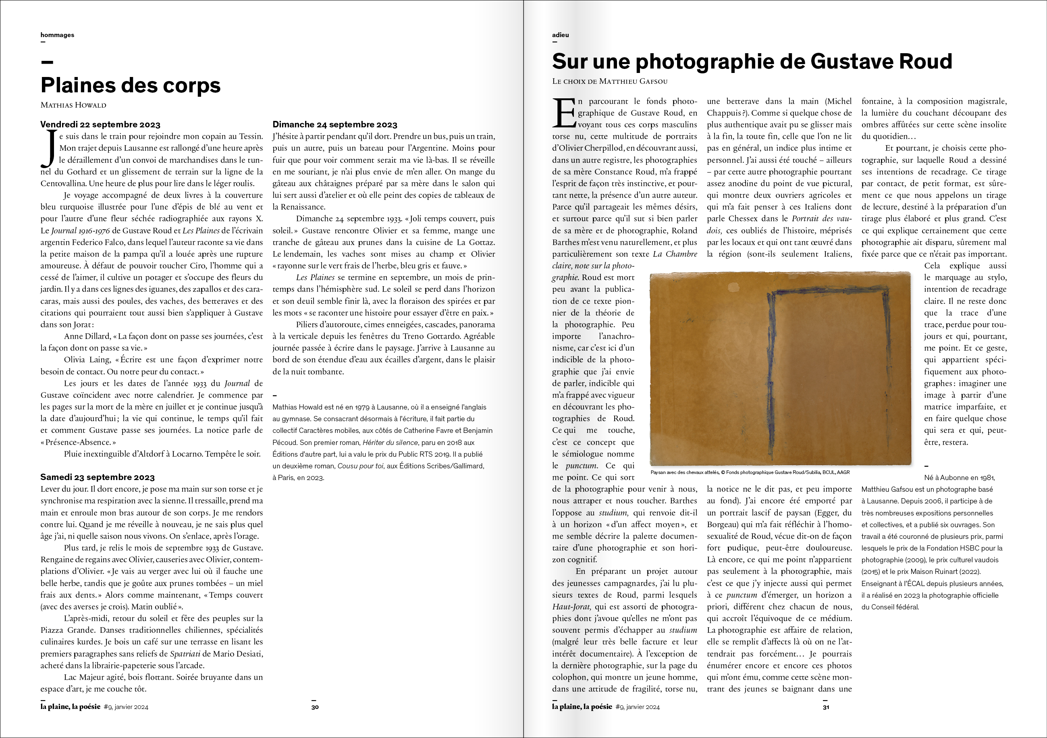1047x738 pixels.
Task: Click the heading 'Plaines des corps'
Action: tap(131, 85)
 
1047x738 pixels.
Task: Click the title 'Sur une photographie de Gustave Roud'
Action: tap(752, 62)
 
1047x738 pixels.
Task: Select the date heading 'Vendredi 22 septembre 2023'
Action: tap(100, 125)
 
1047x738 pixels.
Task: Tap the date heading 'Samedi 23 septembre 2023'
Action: tap(98, 477)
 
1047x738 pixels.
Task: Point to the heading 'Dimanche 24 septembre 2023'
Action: tap(335, 125)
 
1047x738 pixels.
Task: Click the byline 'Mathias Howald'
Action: tap(73, 105)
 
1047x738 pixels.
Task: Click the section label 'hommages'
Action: tap(58, 35)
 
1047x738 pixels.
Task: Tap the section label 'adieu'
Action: tap(561, 35)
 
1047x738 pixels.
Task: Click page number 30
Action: tap(315, 707)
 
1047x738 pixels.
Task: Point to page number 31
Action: tap(826, 707)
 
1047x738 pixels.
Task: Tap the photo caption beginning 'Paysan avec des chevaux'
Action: tap(750, 472)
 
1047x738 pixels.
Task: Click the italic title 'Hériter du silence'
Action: tap(390, 443)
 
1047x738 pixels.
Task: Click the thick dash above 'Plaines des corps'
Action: tap(47, 62)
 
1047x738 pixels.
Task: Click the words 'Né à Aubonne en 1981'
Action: tap(959, 478)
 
